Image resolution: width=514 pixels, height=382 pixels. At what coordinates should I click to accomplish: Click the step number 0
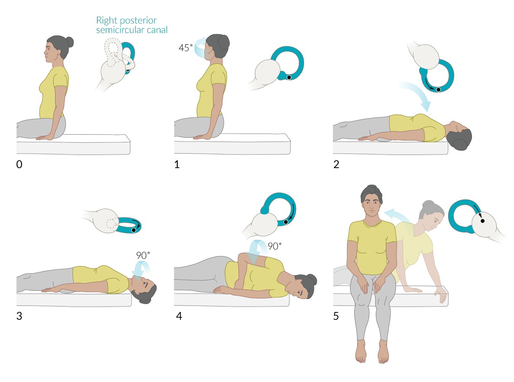click(x=19, y=164)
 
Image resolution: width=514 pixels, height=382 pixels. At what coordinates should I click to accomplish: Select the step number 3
click(x=19, y=316)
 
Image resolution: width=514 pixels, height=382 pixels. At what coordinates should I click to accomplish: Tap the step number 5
click(x=336, y=316)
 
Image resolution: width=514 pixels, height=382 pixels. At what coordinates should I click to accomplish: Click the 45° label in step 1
click(x=185, y=48)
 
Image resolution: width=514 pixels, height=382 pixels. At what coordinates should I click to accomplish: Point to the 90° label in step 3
click(x=143, y=256)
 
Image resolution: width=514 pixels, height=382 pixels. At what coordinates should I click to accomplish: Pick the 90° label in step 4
click(x=275, y=246)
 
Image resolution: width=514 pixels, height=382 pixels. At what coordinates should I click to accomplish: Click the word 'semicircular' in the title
click(x=132, y=30)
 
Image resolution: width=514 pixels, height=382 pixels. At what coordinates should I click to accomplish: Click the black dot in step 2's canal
click(x=438, y=90)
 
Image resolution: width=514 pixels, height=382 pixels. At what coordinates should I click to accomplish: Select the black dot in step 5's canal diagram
click(x=482, y=221)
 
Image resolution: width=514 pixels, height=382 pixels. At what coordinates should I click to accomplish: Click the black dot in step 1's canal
click(x=289, y=77)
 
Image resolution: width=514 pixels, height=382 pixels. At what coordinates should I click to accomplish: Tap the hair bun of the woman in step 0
click(x=69, y=42)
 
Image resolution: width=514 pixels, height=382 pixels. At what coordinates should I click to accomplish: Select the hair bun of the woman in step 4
click(x=312, y=279)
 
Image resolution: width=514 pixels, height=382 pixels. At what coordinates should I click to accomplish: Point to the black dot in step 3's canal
click(x=134, y=230)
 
